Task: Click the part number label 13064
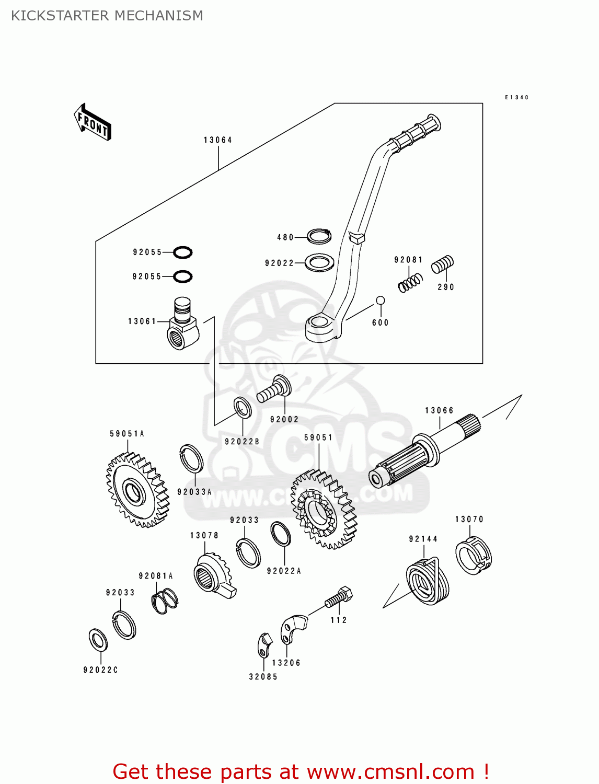click(218, 140)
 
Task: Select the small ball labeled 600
click(381, 301)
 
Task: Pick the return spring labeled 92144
click(427, 581)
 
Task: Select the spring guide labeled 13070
click(474, 555)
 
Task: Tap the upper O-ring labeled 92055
click(182, 252)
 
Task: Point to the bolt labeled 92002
click(273, 390)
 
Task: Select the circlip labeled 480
click(319, 237)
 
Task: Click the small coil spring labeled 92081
click(410, 283)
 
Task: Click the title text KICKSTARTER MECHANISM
click(107, 16)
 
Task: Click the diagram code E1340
click(516, 97)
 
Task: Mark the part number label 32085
click(263, 677)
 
